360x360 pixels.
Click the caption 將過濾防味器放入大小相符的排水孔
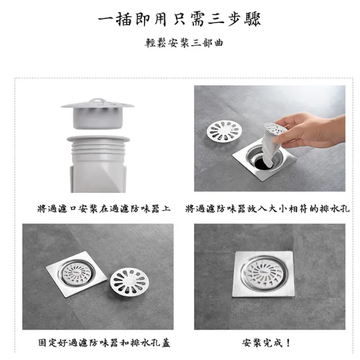(x=267, y=209)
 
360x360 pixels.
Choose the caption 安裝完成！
(x=267, y=343)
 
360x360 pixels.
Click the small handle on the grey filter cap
(x=98, y=102)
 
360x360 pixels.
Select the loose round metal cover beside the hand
(x=224, y=130)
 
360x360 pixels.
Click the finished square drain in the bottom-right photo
(x=263, y=273)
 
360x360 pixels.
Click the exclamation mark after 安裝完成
(x=289, y=343)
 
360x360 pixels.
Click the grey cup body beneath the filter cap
(x=98, y=120)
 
